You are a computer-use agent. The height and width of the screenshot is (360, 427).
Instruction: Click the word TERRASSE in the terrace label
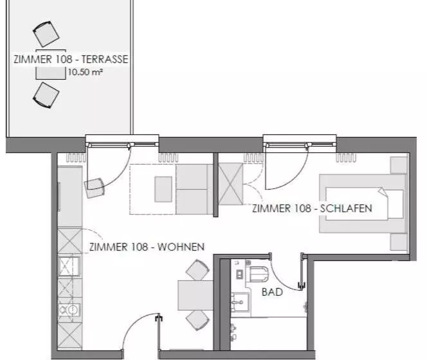[x=105, y=59]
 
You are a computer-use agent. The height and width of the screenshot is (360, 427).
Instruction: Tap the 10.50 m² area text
[x=86, y=72]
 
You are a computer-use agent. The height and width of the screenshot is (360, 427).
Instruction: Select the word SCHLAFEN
[x=346, y=208]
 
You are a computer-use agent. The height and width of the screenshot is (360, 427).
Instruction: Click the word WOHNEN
[x=181, y=247]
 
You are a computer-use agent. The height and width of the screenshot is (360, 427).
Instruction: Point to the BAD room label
[x=272, y=292]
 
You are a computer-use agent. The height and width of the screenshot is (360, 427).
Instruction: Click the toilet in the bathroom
[x=257, y=274]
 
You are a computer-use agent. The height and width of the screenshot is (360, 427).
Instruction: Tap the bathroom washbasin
[x=240, y=302]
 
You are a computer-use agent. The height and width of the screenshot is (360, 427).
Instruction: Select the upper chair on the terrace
[x=46, y=34]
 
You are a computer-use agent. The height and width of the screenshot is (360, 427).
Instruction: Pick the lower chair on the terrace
[x=46, y=95]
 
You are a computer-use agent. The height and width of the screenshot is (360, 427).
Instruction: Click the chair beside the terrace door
[x=95, y=188]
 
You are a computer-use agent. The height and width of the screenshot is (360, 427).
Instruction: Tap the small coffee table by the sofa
[x=163, y=189]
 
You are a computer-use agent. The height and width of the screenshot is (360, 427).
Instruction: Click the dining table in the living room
[x=195, y=295]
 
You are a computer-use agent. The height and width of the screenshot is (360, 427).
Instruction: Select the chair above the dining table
[x=197, y=270]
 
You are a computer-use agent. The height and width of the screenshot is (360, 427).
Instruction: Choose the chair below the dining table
[x=197, y=320]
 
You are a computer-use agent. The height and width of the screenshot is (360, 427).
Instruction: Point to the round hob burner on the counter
[x=73, y=310]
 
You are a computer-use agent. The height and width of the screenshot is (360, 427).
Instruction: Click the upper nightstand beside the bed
[x=399, y=165]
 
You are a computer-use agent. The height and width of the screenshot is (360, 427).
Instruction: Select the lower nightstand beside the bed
[x=399, y=242]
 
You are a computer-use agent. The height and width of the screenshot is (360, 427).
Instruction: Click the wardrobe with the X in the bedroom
[x=231, y=184]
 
